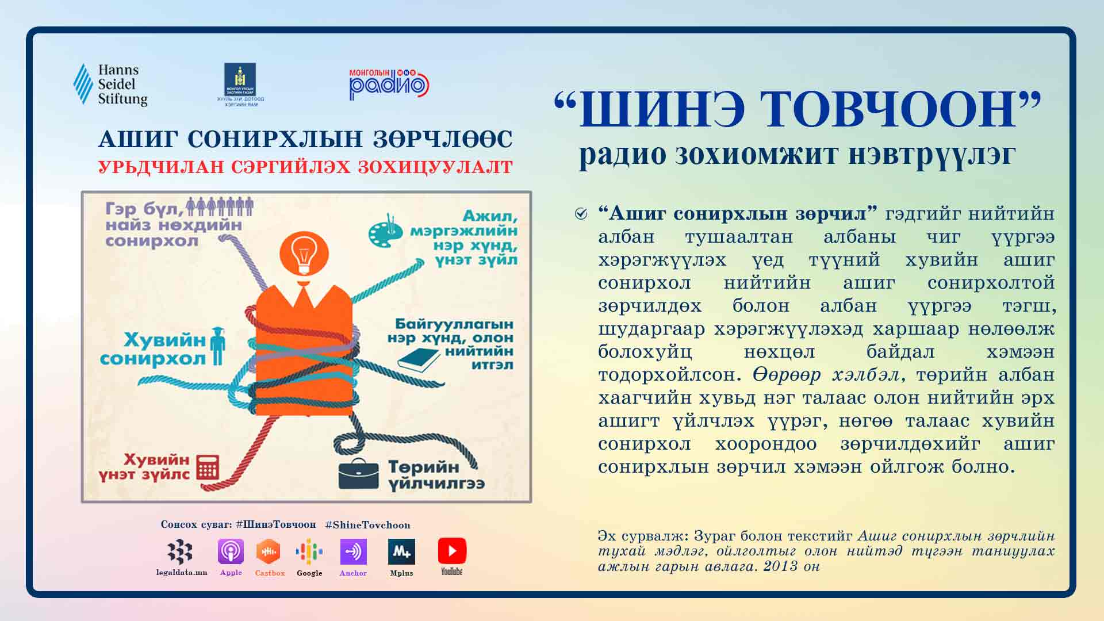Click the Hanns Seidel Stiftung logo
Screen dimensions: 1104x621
[110, 85]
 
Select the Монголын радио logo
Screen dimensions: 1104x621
[389, 85]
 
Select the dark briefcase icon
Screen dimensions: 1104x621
[358, 474]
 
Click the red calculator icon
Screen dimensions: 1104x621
[208, 467]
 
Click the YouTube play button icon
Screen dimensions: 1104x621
[452, 551]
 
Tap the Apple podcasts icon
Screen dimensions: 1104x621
[231, 551]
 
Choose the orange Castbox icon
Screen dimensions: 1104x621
[268, 551]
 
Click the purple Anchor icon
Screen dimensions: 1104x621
[353, 551]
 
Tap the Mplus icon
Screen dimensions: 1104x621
[401, 551]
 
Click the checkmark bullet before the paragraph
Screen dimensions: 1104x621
[581, 214]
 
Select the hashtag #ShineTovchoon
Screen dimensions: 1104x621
[367, 525]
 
